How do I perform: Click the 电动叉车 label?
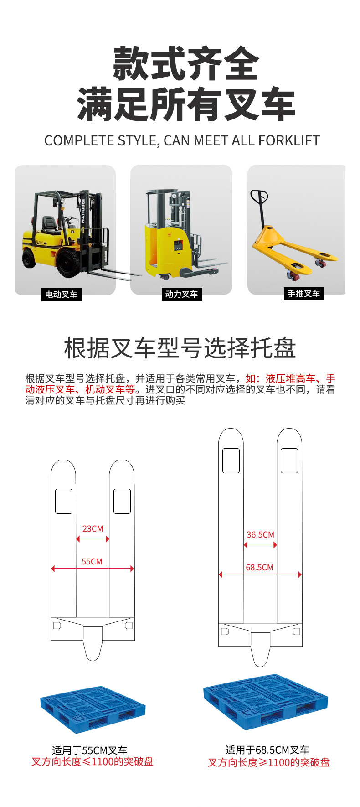(61, 295)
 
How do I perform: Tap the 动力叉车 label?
(181, 294)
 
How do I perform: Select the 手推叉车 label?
(303, 294)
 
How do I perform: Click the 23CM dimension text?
(93, 529)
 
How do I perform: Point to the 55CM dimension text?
(92, 562)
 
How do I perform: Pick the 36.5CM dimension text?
(261, 535)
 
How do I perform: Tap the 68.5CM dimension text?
(260, 568)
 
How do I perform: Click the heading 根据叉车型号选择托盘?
(180, 348)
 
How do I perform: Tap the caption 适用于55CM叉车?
(90, 750)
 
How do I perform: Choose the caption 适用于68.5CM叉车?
(267, 750)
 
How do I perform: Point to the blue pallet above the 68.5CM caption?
(266, 702)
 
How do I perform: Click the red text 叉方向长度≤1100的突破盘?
(93, 762)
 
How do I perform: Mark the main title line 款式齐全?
(186, 64)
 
